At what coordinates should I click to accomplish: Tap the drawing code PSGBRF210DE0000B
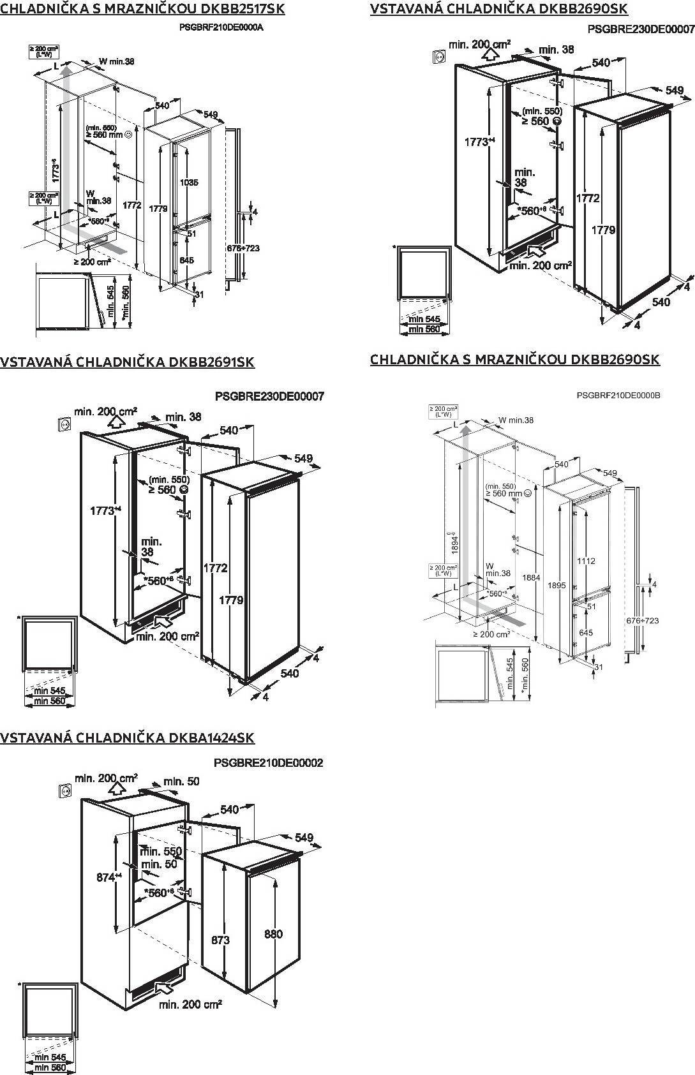pos(618,396)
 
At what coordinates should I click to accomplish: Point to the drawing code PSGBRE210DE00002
pos(269,762)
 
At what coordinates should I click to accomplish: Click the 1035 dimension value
pos(188,182)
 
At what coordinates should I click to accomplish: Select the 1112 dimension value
pos(585,561)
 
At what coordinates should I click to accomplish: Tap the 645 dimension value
pos(585,632)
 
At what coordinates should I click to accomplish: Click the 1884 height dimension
pos(531,578)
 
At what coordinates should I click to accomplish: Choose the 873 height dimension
pos(220,940)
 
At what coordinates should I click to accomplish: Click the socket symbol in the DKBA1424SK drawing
pos(65,791)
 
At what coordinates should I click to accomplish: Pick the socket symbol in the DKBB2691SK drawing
pos(64,423)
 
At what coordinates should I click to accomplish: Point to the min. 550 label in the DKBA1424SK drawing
pos(161,851)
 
